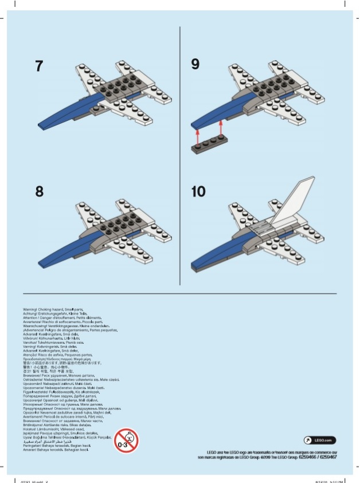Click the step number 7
pyautogui.click(x=39, y=66)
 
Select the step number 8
pyautogui.click(x=39, y=191)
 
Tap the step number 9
pyautogui.click(x=195, y=65)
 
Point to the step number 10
pyautogui.click(x=198, y=191)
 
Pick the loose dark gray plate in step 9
pyautogui.click(x=213, y=144)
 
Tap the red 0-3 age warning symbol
pyautogui.click(x=126, y=440)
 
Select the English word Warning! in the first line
pyautogui.click(x=32, y=309)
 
